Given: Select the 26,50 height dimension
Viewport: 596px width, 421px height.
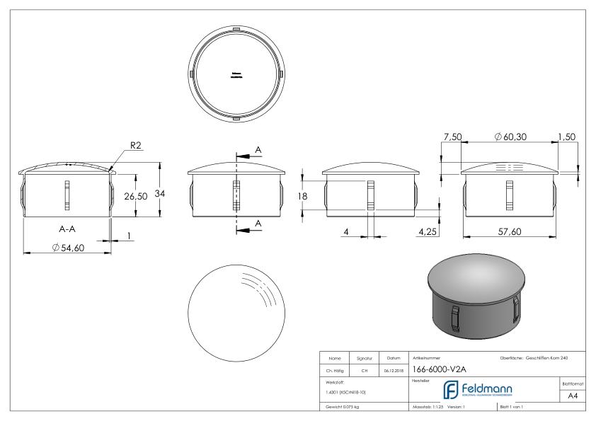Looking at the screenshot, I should [x=135, y=197].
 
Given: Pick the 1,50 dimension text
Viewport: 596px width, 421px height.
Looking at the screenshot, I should [x=566, y=135].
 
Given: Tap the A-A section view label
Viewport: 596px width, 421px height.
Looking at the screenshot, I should [x=68, y=229].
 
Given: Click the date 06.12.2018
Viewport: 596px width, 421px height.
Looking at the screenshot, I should [x=394, y=369].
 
